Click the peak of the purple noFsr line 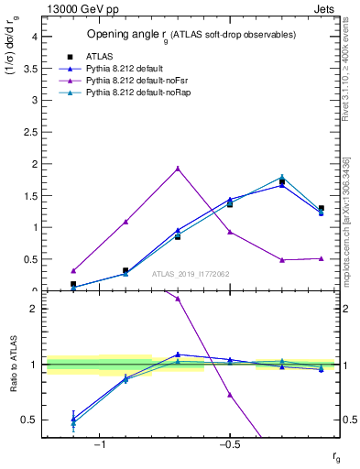coord(178,169)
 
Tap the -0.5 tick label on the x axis coord(229,444)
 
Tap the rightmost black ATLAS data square coord(321,209)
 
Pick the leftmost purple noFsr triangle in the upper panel coord(73,271)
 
